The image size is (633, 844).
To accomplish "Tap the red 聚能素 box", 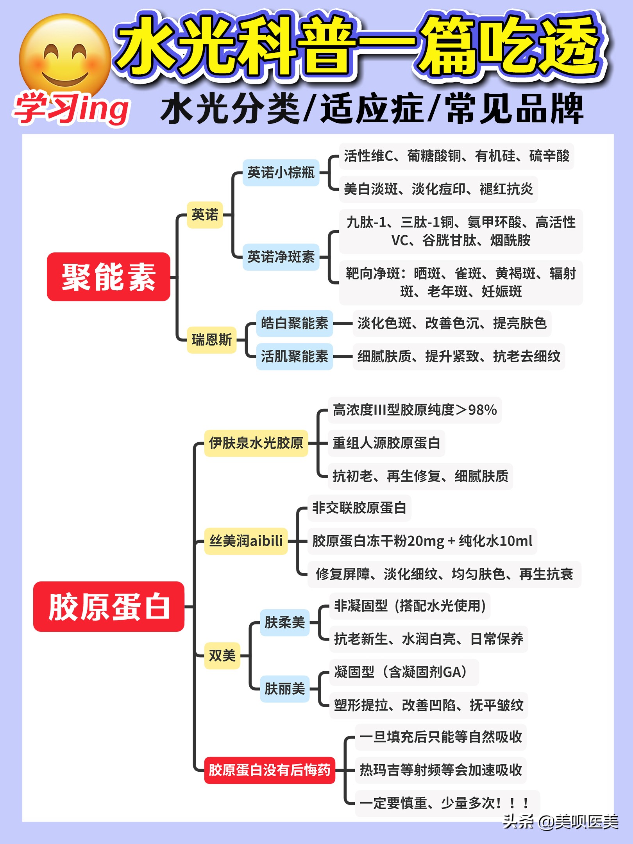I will point(109,277).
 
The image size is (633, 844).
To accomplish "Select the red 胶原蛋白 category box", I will point(109,606).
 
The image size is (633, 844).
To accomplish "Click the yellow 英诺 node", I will point(205,215).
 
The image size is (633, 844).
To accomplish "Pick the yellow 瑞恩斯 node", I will point(211,340).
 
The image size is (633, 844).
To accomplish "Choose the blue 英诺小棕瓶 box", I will point(281,172).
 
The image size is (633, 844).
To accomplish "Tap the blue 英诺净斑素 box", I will point(281,257).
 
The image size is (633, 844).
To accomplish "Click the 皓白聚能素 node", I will point(294,323).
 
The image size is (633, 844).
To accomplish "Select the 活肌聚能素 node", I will point(294,356).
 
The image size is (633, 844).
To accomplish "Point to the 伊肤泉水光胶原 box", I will point(256,443).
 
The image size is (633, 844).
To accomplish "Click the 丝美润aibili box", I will point(246,541).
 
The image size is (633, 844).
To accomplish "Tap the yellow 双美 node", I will point(222,655).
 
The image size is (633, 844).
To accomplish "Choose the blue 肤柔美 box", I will point(284,622).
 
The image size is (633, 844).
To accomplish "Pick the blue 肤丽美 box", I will point(284,688).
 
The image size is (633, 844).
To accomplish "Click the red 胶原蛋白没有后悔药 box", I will point(269,770).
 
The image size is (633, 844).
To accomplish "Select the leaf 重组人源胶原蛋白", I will point(386,443).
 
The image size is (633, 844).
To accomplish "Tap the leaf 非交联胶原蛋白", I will point(359,508).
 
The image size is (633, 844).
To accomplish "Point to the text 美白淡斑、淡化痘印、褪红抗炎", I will point(438,189).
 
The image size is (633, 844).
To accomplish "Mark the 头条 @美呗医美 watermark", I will point(560,821).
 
